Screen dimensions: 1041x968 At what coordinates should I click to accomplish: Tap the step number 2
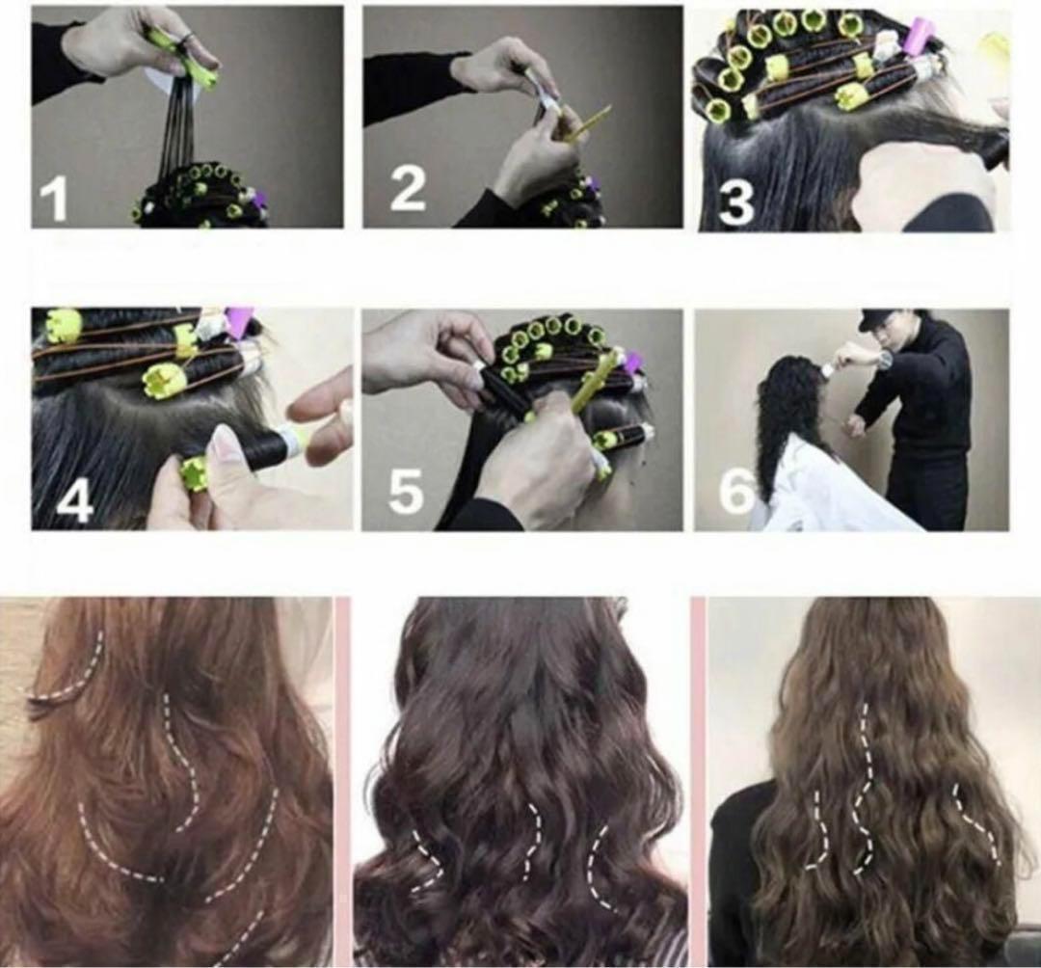[x=407, y=189]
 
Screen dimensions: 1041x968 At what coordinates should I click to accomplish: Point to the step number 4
[x=74, y=500]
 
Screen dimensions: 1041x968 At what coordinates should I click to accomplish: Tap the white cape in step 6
[x=837, y=488]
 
